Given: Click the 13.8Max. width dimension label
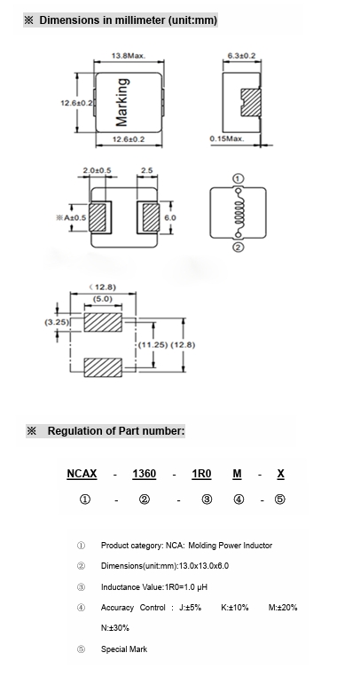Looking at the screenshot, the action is (129, 56).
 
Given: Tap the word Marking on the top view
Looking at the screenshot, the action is (121, 102).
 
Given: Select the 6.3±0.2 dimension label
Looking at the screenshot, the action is (241, 56).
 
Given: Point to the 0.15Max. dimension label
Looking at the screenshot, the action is (227, 138).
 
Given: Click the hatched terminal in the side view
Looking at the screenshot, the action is (251, 103).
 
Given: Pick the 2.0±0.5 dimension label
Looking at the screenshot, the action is (98, 170).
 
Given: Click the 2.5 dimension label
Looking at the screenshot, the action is (147, 170).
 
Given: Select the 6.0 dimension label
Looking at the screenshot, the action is (170, 217).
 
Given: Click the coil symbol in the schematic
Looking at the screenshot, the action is (239, 213).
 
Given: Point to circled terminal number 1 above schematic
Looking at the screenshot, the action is (239, 179).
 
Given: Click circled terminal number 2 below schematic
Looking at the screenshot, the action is (239, 248).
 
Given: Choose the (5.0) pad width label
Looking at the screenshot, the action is (103, 299).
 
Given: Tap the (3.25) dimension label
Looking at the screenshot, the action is (57, 322).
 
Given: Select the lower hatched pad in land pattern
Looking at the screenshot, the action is (103, 367).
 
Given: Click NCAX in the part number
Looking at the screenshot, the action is (82, 474).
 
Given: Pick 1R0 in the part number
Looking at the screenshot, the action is (201, 474).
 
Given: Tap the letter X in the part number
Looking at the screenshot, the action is (280, 474).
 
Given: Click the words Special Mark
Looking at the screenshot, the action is (124, 649).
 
